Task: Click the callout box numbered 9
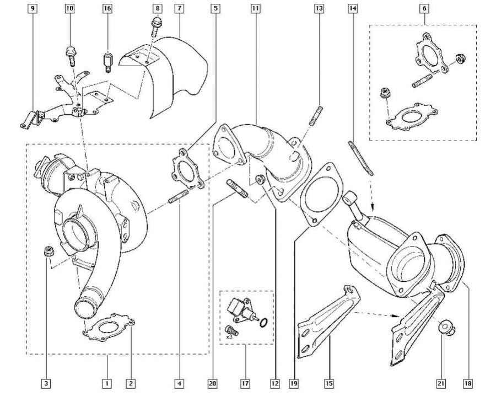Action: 33,9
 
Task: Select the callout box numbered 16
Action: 107,9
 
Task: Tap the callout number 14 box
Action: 353,9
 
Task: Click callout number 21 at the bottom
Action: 441,382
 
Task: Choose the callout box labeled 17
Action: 245,382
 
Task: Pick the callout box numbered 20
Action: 213,382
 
